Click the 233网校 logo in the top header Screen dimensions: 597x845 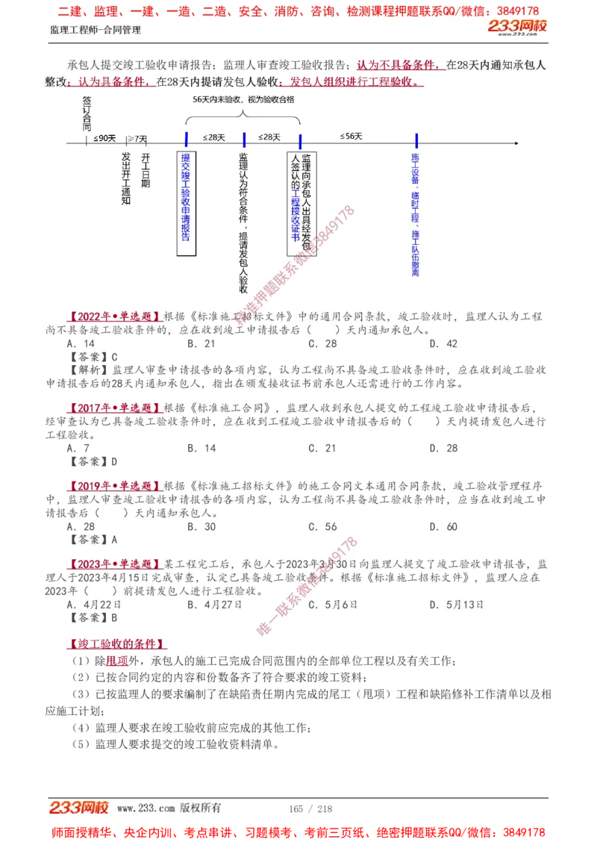pyautogui.click(x=517, y=28)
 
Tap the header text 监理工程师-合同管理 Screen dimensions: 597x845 pyautogui.click(x=95, y=30)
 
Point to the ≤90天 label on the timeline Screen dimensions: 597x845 pyautogui.click(x=104, y=138)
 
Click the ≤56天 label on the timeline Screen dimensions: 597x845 pyautogui.click(x=351, y=137)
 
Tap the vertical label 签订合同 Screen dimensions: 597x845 pyautogui.click(x=87, y=112)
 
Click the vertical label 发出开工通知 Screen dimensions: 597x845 pyautogui.click(x=126, y=179)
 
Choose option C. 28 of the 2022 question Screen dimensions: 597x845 pyautogui.click(x=322, y=343)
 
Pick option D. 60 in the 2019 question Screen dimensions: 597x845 pyautogui.click(x=443, y=527)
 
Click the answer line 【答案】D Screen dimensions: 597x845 pyautogui.click(x=93, y=461)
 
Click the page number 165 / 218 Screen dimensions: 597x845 pyautogui.click(x=310, y=808)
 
